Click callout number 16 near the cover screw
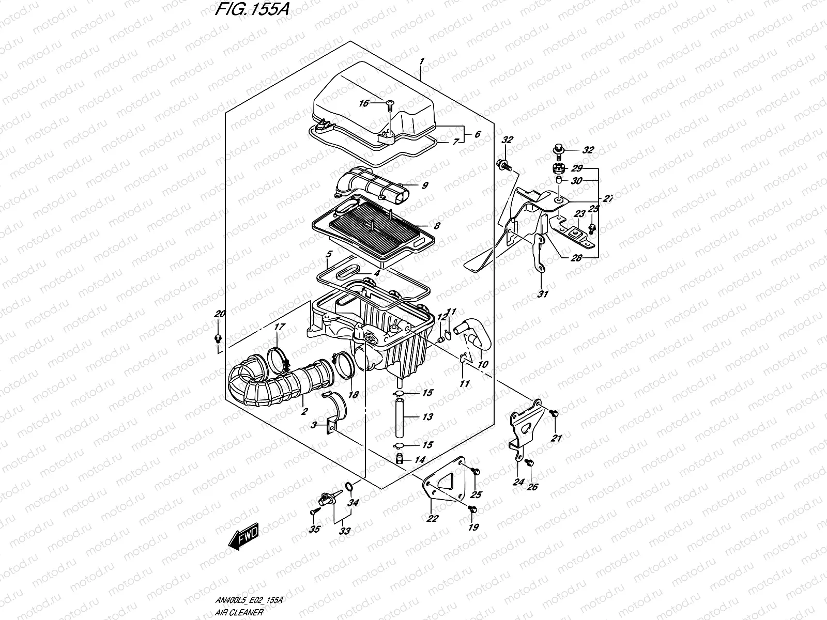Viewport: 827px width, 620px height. pos(363,103)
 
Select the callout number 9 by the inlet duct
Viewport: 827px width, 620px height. pos(425,185)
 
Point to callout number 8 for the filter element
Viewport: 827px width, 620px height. pos(437,225)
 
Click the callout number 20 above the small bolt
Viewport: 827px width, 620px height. pos(220,314)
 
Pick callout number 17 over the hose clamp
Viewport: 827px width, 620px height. pos(279,327)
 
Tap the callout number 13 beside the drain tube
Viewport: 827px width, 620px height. pos(427,417)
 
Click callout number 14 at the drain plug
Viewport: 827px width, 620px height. pos(420,459)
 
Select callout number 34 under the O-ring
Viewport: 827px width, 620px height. pos(353,503)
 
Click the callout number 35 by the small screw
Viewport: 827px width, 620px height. pos(314,529)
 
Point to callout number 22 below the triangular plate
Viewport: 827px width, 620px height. pos(432,518)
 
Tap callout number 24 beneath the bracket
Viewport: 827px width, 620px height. pos(518,482)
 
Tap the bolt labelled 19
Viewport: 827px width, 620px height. pos(472,509)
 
